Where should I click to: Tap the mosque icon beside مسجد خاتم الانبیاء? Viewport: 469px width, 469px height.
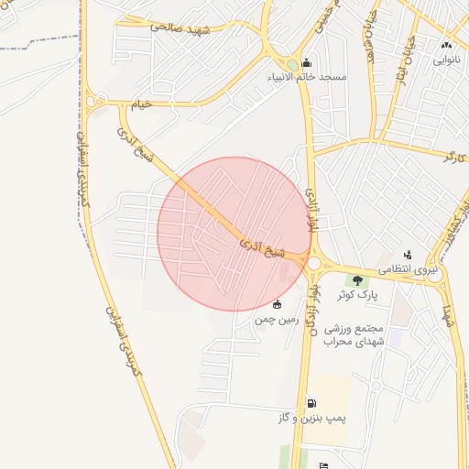[306, 63]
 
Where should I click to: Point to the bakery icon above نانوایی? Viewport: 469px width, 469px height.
[446, 45]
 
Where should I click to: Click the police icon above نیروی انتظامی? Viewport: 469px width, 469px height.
[408, 255]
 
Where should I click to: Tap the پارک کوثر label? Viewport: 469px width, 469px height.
[357, 296]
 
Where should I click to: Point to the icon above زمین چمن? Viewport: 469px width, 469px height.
[278, 304]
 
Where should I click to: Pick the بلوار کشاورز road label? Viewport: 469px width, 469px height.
[455, 224]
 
